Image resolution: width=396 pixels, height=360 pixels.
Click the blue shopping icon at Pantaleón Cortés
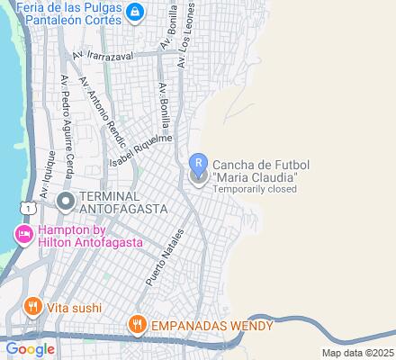coord(135,12)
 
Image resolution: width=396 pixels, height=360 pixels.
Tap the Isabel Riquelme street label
coord(139,150)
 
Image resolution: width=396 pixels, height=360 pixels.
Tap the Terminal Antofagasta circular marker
coord(65,202)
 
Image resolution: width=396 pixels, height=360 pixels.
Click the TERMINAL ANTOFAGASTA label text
coord(123,202)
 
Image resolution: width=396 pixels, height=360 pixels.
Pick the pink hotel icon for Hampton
coord(22,235)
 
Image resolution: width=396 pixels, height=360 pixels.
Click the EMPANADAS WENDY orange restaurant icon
coord(137,322)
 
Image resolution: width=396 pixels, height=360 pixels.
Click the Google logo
coord(31,349)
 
